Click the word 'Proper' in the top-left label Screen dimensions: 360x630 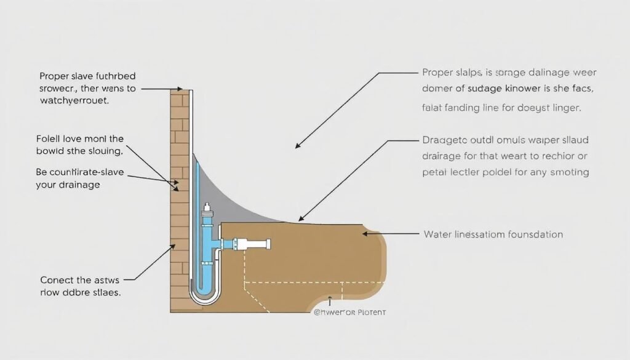(x=54, y=76)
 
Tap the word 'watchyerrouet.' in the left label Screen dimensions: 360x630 (x=74, y=101)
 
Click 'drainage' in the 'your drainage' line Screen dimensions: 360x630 (x=81, y=184)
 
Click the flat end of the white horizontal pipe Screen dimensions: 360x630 (x=269, y=245)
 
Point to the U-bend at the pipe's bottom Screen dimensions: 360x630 (x=204, y=296)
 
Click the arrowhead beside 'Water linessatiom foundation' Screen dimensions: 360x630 (x=364, y=234)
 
